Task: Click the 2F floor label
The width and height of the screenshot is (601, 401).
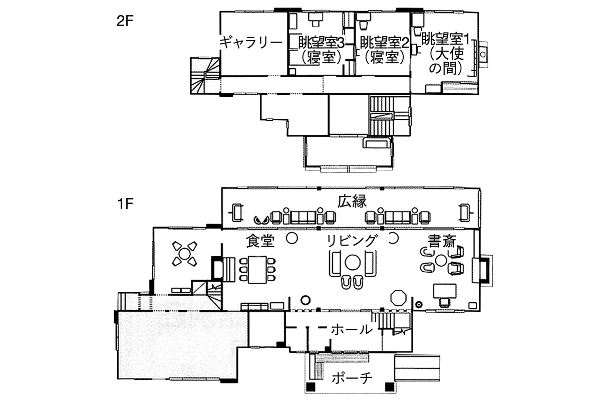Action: (125, 21)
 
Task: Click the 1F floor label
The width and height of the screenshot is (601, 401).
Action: (125, 204)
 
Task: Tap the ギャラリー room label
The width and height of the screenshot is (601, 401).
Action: (251, 43)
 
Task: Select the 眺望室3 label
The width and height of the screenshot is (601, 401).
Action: (322, 43)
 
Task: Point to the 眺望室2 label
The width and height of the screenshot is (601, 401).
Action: (385, 43)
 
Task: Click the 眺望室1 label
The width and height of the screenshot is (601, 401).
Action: (446, 40)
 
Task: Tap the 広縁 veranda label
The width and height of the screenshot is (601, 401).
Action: (352, 202)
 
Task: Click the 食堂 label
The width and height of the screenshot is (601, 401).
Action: (260, 241)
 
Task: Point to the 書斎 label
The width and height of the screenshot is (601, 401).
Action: (442, 241)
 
